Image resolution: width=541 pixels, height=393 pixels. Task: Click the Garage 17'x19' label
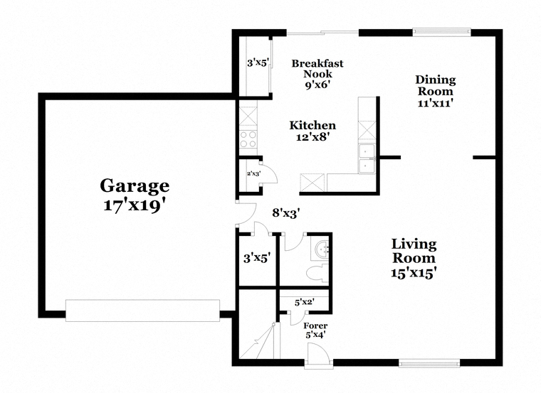coord(135,195)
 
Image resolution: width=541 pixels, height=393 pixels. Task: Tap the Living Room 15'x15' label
coord(414,258)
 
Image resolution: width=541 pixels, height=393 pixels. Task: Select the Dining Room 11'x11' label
coord(436,91)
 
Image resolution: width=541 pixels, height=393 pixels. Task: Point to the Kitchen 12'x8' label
coord(312,131)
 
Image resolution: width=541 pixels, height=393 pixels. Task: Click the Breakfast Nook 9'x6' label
coord(317,74)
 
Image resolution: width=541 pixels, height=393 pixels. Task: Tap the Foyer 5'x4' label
coord(315,330)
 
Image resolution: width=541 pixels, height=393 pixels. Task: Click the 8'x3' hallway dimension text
coord(285,213)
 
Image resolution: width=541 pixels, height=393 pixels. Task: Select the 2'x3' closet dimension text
coord(253,173)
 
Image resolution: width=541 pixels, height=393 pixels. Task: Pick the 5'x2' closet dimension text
coord(305,303)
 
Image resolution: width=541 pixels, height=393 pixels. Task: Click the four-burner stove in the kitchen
coord(248,139)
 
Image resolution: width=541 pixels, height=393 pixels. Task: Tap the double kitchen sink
coord(367,158)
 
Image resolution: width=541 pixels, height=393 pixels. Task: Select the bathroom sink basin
coord(321,248)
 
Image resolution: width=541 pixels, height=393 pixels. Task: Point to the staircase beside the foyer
coord(259,340)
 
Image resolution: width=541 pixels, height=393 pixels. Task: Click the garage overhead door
coord(142,311)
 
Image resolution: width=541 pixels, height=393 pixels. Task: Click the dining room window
coord(441,32)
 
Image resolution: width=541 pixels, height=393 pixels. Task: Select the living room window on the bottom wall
coord(429,363)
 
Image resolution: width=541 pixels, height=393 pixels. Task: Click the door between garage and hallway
coord(246,213)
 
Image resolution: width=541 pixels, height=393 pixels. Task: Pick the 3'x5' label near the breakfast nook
coord(258,63)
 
